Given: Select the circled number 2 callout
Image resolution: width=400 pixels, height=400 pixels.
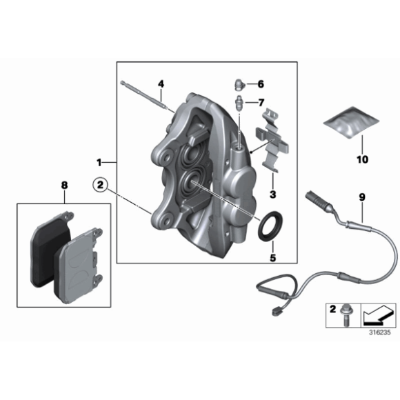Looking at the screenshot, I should click(x=100, y=184).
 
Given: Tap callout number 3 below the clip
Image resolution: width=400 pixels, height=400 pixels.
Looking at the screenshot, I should click(x=272, y=194).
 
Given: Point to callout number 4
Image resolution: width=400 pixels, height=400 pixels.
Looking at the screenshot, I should click(x=161, y=83).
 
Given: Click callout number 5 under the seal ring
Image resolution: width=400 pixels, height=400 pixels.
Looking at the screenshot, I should click(x=272, y=259).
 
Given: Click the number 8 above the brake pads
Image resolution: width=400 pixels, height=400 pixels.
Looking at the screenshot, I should click(x=63, y=185).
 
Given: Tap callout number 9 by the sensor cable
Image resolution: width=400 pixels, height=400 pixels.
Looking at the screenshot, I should click(x=360, y=196).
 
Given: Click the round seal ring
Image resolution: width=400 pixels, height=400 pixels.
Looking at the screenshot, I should click(x=268, y=226).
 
